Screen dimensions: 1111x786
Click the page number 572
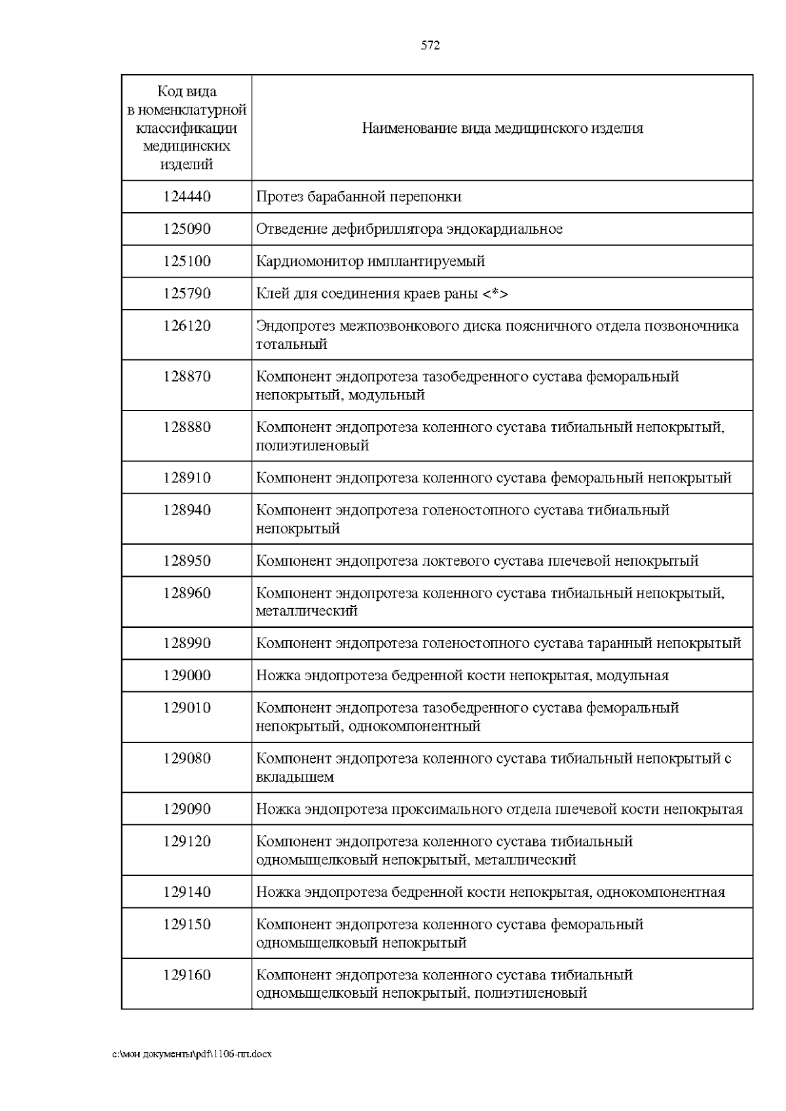(x=430, y=45)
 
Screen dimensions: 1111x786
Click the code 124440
(x=187, y=196)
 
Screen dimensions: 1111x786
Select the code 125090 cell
(x=187, y=229)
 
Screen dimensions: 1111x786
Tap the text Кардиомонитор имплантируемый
(x=370, y=261)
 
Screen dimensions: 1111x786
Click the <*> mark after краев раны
(x=495, y=293)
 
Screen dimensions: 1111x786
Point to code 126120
(x=187, y=326)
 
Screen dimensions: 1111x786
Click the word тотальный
(x=291, y=344)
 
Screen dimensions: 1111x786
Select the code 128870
(x=187, y=376)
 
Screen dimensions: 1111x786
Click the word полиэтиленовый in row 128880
(x=312, y=446)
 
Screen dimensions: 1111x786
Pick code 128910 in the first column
(x=187, y=478)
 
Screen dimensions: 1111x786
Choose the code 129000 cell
(x=187, y=676)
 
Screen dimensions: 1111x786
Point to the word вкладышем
(x=295, y=777)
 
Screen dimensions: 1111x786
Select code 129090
(x=187, y=809)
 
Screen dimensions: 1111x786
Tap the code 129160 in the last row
(x=187, y=975)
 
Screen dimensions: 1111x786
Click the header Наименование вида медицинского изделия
(x=502, y=128)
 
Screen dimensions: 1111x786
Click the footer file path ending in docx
(x=192, y=1054)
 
